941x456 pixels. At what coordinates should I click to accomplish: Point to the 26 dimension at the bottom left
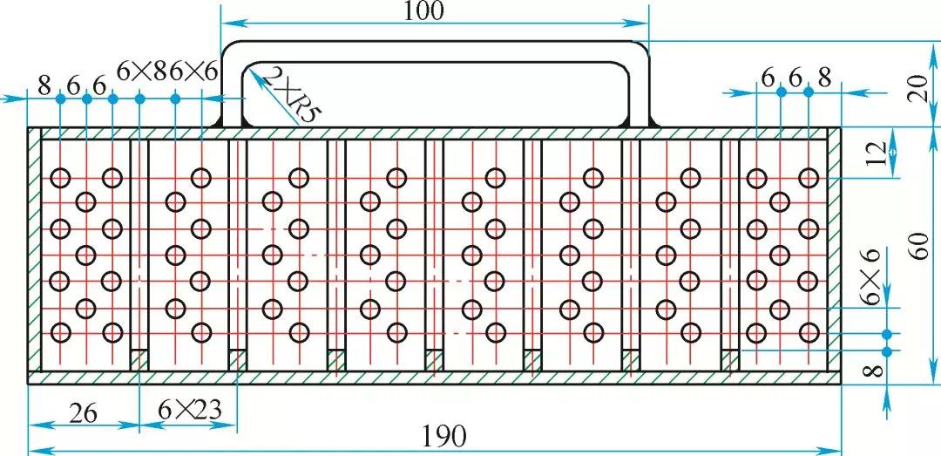[84, 413]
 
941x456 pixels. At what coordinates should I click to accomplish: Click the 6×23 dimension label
[190, 411]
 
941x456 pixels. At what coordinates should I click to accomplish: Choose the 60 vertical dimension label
[919, 247]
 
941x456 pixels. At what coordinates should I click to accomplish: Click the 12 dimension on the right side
[877, 153]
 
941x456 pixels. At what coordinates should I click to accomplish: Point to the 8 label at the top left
[45, 85]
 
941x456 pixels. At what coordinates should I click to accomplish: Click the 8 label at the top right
[825, 78]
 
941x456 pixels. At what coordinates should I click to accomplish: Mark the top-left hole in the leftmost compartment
[61, 178]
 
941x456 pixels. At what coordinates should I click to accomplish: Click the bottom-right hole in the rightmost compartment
[809, 332]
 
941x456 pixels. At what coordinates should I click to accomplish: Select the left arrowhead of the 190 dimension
[36, 449]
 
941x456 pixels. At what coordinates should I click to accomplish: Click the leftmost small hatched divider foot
[139, 360]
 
